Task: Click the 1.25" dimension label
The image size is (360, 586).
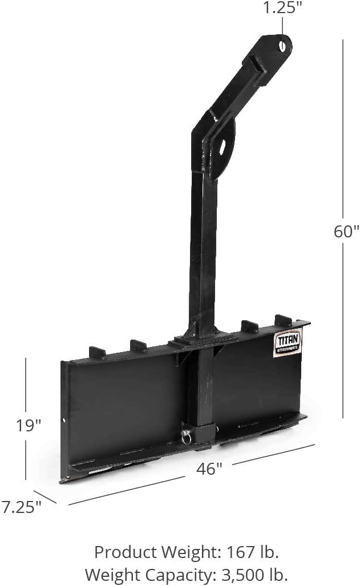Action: coord(282,8)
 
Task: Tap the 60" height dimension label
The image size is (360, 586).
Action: coord(346,231)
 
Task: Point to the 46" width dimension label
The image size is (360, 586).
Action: coord(209,468)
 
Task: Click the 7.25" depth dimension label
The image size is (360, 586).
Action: coord(21,507)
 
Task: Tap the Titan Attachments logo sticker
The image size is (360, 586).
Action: coord(288,343)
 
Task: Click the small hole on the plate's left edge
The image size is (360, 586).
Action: coord(64,422)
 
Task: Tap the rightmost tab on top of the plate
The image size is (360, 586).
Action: coord(284,320)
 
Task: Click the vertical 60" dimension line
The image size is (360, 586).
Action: coord(342,143)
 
